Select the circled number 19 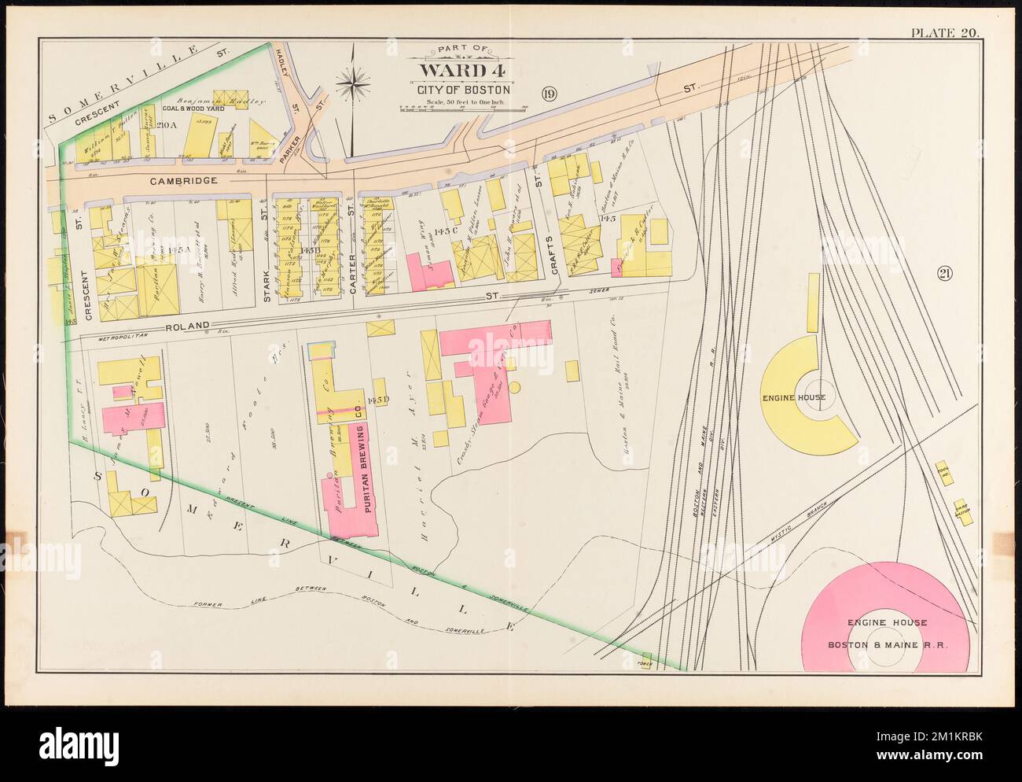549,95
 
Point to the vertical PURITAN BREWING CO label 358,456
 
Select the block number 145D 377,400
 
